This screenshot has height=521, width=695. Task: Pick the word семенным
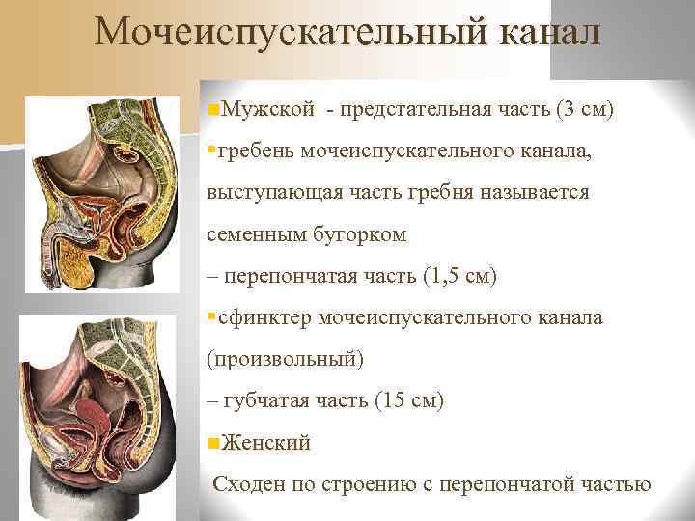tap(255, 233)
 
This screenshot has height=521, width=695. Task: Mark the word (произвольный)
tap(286, 359)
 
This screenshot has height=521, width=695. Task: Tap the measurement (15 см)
tap(407, 400)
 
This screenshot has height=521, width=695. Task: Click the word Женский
tap(266, 443)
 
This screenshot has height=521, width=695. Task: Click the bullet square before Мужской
tap(213, 108)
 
